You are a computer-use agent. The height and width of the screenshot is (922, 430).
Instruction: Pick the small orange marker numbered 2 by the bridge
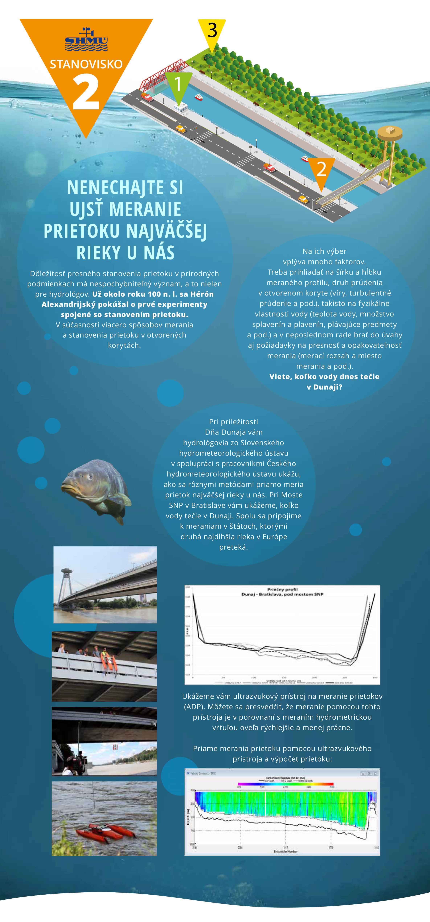(x=321, y=169)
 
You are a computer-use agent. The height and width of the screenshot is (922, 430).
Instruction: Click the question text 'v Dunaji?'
(x=324, y=387)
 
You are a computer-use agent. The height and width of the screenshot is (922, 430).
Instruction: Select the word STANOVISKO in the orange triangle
(x=86, y=64)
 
